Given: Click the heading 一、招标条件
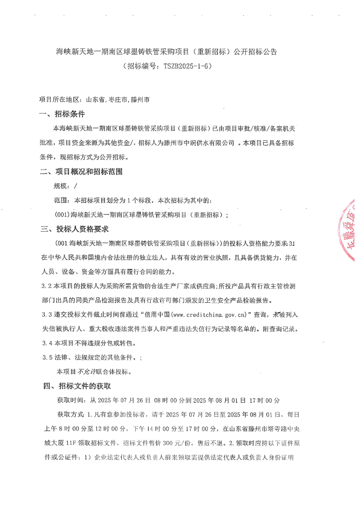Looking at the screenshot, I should [62, 114].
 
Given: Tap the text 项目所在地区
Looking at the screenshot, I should [57, 100].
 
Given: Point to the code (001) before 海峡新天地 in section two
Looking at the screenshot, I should [62, 215].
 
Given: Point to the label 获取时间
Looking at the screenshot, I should [70, 400].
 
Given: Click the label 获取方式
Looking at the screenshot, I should [70, 414].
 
